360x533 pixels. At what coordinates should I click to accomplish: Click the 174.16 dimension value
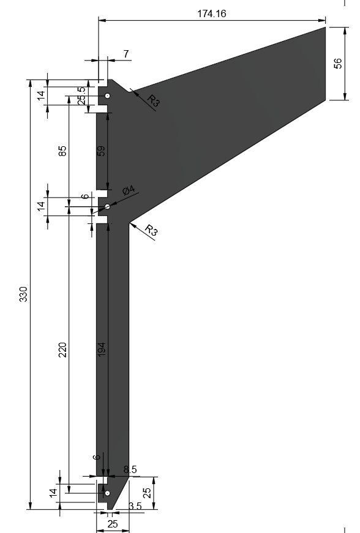coord(211,13)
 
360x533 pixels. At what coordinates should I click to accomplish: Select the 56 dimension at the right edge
coord(338,64)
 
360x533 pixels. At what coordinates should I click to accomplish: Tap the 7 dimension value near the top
coord(126,54)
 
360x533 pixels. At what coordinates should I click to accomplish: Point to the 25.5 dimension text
coord(81,95)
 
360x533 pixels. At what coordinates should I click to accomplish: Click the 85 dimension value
coord(62,151)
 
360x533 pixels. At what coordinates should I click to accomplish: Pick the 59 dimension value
coord(101,151)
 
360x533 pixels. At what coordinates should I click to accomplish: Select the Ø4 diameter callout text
coord(129,190)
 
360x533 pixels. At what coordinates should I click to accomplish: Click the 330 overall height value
coord(23,294)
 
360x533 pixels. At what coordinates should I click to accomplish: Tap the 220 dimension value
coord(62,350)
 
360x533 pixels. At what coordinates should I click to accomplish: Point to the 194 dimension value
coord(101,349)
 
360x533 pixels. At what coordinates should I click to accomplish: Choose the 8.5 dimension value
coord(130,469)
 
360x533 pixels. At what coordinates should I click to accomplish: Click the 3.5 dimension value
coord(135,506)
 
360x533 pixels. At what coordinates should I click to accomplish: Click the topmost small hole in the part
coord(107,96)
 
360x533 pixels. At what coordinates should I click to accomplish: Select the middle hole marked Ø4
coord(107,206)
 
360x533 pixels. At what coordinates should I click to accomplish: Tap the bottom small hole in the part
coord(107,493)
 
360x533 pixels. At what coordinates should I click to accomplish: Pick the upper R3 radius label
coord(153,100)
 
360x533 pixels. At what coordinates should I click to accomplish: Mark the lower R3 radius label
coord(151,230)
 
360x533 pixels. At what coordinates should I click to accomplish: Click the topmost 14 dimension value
coord(41,95)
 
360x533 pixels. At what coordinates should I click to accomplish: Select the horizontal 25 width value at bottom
coord(113,524)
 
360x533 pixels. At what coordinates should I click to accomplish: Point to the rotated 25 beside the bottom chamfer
coord(147,493)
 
